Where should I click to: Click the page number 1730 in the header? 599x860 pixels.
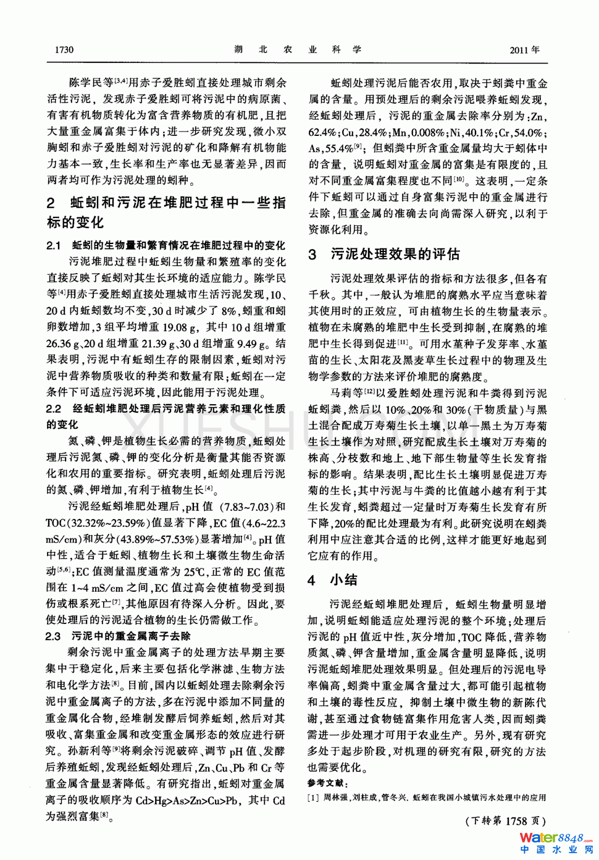coord(64,49)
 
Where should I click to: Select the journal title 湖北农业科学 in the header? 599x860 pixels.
coord(298,49)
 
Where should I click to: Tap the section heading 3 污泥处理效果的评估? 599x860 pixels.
coord(383,254)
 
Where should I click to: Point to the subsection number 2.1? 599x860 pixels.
coord(54,245)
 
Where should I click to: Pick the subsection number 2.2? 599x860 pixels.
coord(54,408)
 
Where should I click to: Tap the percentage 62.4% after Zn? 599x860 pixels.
coord(324,132)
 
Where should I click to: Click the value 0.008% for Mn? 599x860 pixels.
coord(426,132)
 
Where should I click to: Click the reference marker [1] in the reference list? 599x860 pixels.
coord(314,798)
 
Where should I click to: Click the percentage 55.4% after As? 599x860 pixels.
coord(337,148)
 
